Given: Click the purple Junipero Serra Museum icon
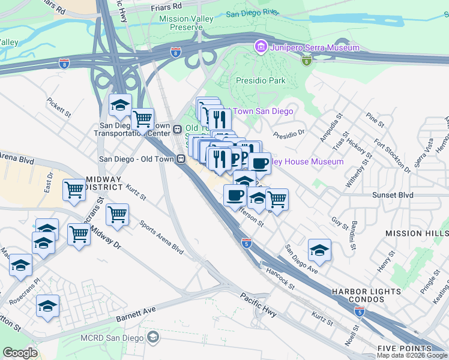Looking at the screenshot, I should [261, 46].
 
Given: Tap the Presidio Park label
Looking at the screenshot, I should [259, 80].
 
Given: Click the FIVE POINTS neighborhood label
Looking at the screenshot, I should [404, 349].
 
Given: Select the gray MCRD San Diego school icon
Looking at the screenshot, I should [153, 337].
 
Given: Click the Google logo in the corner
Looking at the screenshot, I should [20, 352].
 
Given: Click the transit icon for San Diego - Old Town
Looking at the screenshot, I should [180, 159].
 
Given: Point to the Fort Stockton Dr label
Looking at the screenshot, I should [392, 156].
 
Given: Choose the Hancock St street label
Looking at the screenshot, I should [280, 279].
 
